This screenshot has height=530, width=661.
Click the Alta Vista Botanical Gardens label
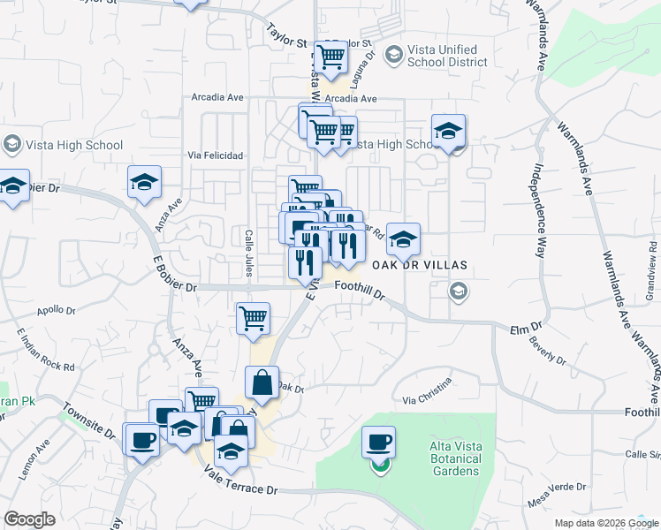point(455,458)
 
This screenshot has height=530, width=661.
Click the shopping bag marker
point(262,383)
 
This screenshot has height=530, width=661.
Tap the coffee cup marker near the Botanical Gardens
point(379,442)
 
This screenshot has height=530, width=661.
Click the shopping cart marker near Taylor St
point(331,57)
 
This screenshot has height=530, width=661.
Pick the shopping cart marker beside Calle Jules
point(253,318)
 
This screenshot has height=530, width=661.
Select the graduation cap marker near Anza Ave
point(144,183)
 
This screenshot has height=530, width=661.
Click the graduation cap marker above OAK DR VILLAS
point(403,238)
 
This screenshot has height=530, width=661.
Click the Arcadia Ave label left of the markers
point(218,98)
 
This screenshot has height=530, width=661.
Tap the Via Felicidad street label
point(216,155)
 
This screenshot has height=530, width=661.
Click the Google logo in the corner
point(29,519)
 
